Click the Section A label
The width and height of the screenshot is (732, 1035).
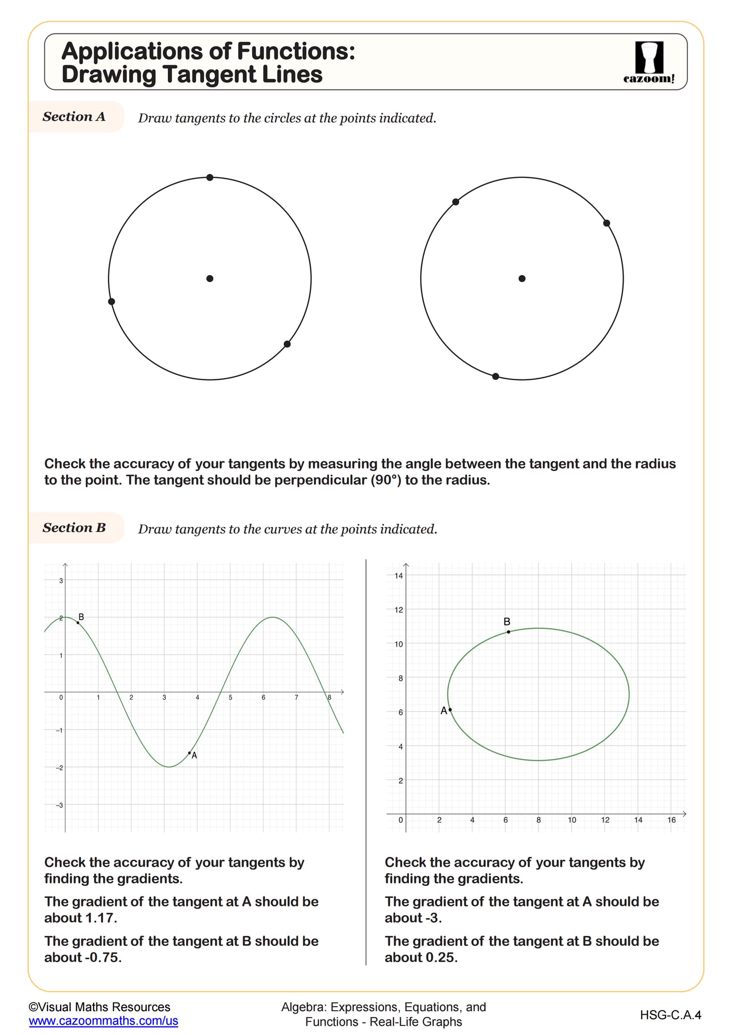pos(74,117)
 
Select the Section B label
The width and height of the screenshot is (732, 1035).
pos(74,528)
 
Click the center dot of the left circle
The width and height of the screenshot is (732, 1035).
pos(210,279)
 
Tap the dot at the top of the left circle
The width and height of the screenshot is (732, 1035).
pos(210,177)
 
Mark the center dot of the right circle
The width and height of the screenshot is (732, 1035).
pos(522,279)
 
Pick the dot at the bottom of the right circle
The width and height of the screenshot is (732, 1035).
pos(495,376)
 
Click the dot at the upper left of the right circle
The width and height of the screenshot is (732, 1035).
pos(455,202)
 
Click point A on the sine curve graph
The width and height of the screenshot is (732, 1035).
pos(190,753)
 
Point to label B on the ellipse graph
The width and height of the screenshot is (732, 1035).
pos(507,621)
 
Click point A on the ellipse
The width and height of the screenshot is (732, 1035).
pos(450,710)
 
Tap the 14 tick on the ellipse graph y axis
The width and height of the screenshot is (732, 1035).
pos(398,575)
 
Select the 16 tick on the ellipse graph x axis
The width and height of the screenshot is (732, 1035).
pos(671,820)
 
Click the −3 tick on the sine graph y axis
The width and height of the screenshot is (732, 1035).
pos(60,805)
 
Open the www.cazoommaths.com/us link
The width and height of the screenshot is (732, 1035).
pos(104,1020)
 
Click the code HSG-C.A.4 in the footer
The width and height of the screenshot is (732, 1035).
pos(670,1014)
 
